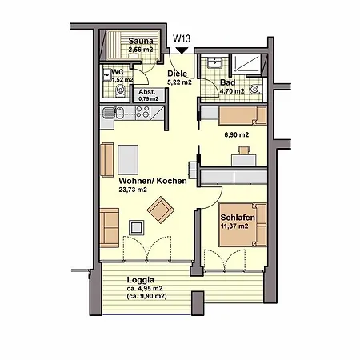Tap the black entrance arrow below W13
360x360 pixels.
coord(182,49)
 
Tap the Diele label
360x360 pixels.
coord(178,74)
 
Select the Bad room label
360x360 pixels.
coord(227,83)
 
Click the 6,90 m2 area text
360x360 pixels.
coord(235,135)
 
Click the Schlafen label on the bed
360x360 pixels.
coord(236,216)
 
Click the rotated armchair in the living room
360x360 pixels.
coord(159,210)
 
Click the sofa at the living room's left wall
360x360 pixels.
coord(110,227)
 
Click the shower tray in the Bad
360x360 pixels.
coord(248,62)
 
